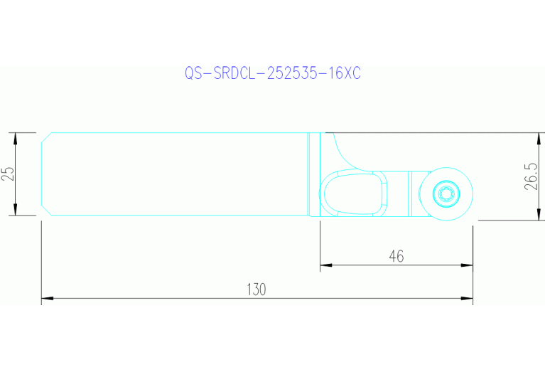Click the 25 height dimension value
[8, 174]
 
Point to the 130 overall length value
[256, 289]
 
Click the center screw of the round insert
[446, 193]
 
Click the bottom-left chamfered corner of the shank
[45, 211]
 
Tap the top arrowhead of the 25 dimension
[15, 137]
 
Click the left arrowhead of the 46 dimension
[325, 266]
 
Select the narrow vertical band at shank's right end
[314, 174]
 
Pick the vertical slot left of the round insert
[410, 193]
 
